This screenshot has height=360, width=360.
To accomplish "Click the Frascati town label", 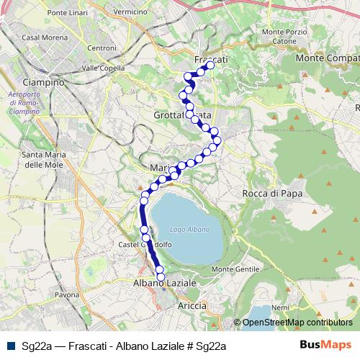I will tap(211, 58).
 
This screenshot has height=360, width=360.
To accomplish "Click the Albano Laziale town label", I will tap(165, 284).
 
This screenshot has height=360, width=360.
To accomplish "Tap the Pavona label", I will tap(66, 295).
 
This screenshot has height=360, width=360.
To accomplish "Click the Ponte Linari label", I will tap(67, 14).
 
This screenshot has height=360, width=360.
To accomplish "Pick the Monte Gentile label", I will tap(246, 269).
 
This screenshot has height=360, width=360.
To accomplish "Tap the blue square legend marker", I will tap(10, 346).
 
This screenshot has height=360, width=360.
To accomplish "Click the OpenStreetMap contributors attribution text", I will tap(298, 322).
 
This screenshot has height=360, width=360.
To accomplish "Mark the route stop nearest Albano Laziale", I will tap(161, 276).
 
